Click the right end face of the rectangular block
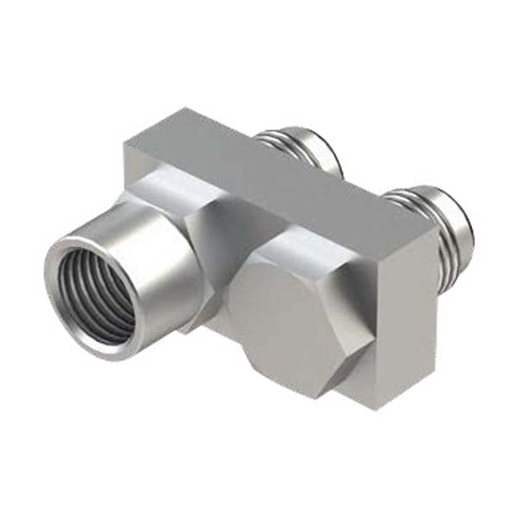point(405,319)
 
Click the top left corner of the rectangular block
point(129,142)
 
